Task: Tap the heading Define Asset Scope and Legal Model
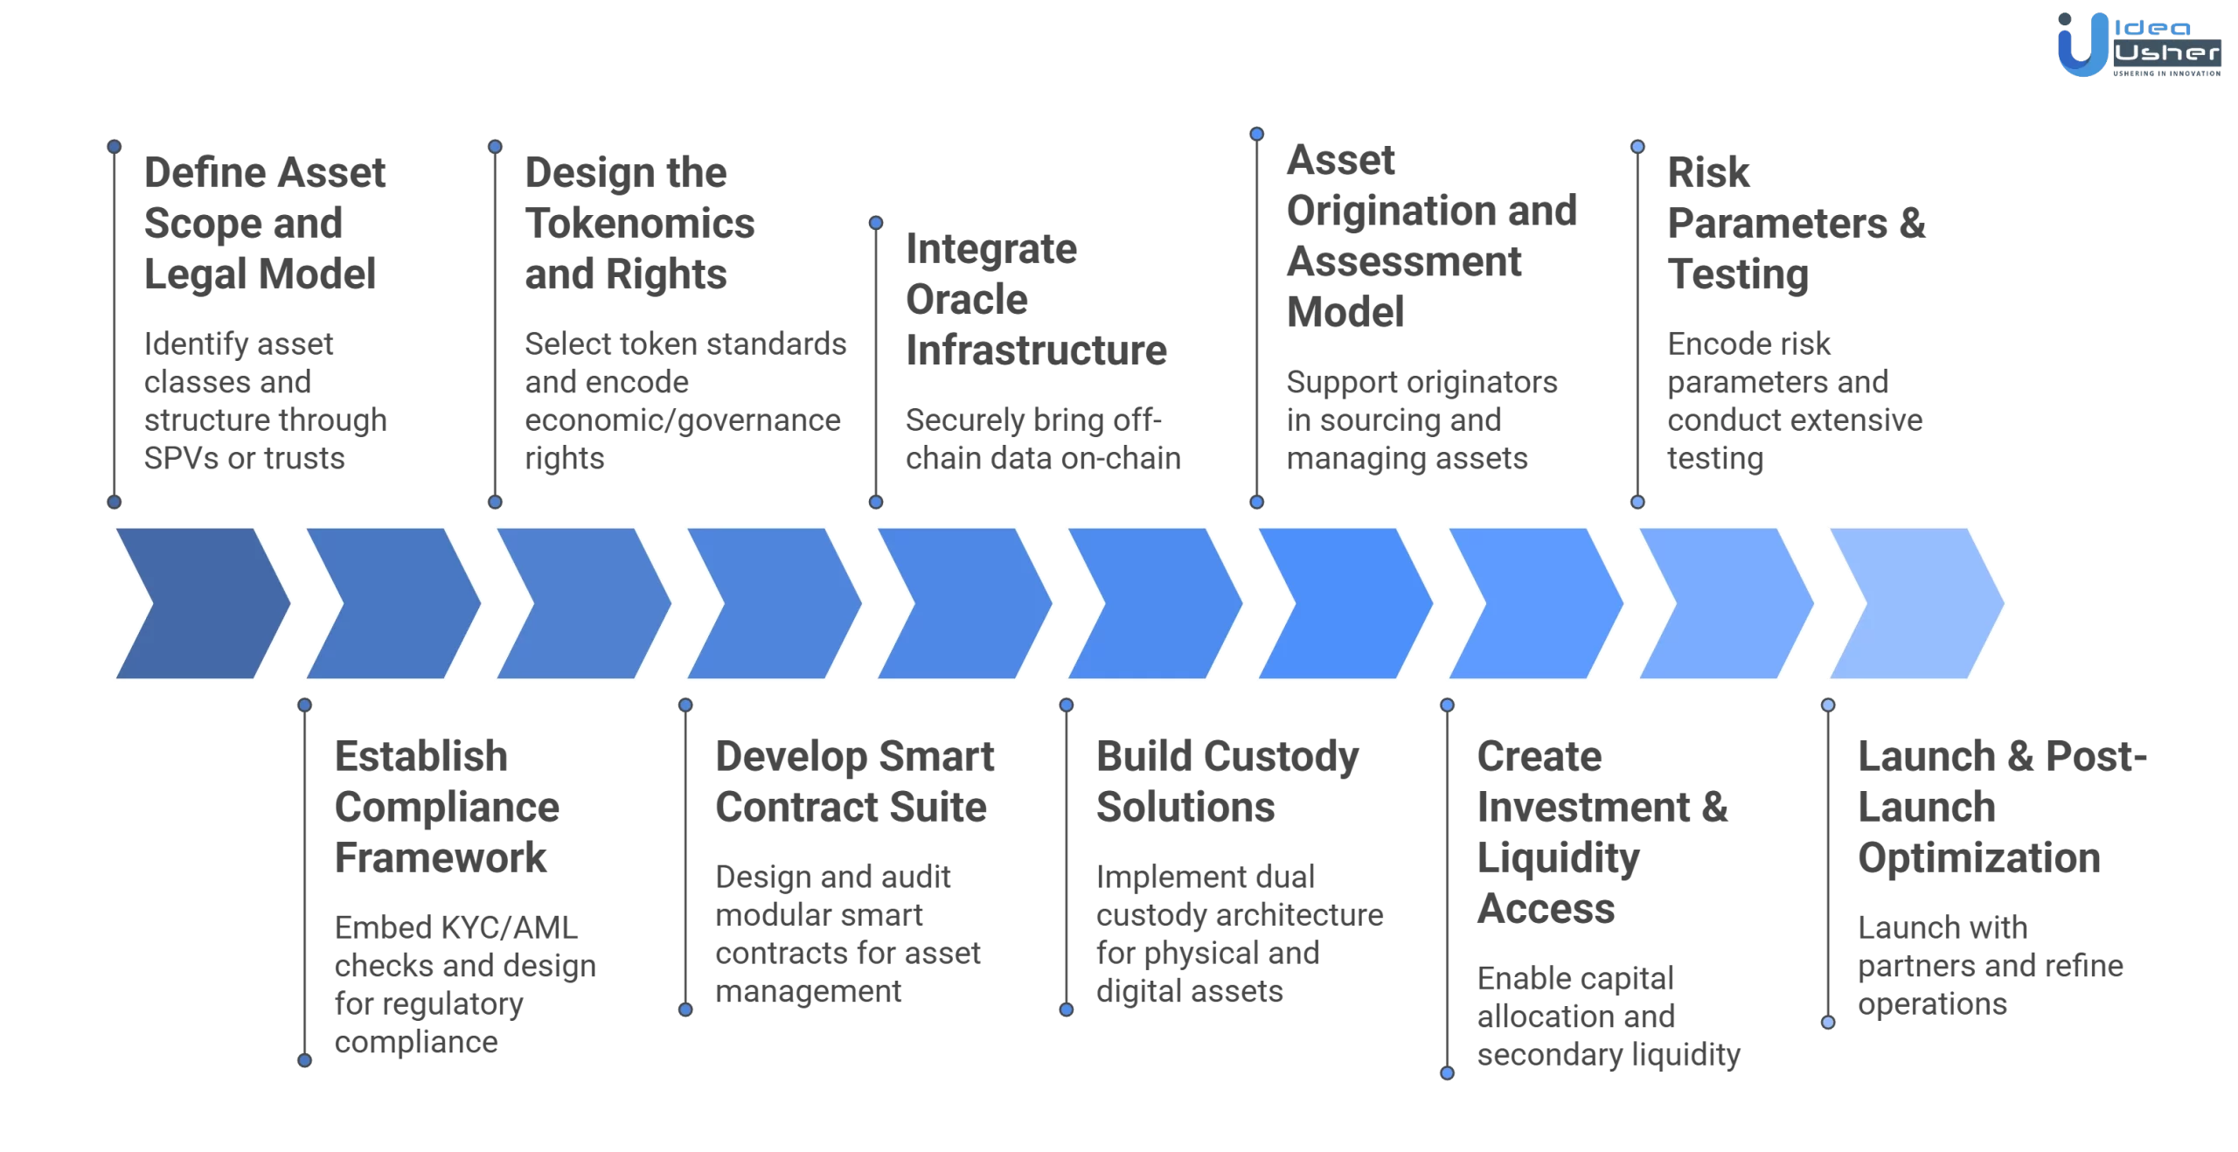coord(264,223)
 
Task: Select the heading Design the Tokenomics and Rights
coord(639,223)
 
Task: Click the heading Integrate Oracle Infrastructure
coord(1036,300)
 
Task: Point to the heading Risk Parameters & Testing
coord(1796,223)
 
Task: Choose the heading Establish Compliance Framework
coord(446,807)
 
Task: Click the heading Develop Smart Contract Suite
coord(854,781)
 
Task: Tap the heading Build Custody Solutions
coord(1227,781)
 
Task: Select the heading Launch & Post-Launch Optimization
coord(2001,807)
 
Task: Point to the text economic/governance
coord(682,420)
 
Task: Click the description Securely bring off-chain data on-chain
coord(1042,439)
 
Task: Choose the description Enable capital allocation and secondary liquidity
coord(1609,1017)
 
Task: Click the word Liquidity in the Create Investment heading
coord(1558,857)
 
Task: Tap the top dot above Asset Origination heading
coord(1256,134)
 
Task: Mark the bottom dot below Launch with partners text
coord(1828,1022)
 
